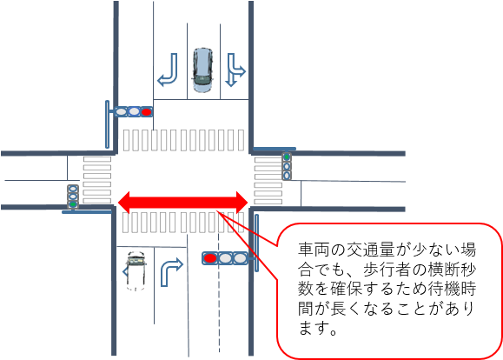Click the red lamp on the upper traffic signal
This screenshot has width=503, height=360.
click(x=146, y=112)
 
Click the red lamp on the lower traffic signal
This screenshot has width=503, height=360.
click(x=210, y=258)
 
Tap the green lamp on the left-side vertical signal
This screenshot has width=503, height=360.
click(x=73, y=204)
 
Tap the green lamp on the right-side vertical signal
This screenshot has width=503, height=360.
click(x=287, y=157)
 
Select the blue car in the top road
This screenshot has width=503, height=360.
click(x=202, y=70)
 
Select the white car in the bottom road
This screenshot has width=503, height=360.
click(x=136, y=271)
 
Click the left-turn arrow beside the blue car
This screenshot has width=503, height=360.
click(x=168, y=70)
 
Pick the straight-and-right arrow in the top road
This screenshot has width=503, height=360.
click(x=235, y=70)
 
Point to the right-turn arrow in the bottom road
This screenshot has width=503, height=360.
click(x=171, y=272)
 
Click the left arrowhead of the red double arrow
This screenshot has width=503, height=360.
click(x=124, y=203)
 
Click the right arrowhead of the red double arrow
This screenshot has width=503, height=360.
click(x=242, y=203)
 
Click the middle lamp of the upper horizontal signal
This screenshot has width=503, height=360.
click(x=134, y=112)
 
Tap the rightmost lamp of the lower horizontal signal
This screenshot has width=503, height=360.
click(x=240, y=258)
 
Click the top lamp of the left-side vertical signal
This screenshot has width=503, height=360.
click(x=73, y=188)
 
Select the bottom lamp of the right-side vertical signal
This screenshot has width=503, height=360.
click(x=287, y=176)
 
